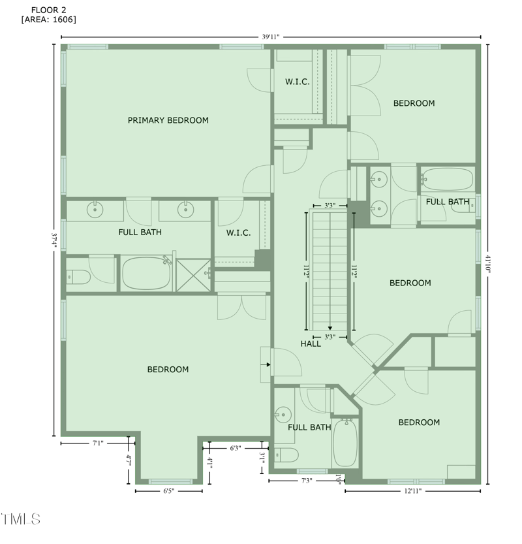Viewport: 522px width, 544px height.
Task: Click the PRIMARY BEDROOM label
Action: [x=168, y=120]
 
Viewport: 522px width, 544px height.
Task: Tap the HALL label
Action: [x=311, y=344]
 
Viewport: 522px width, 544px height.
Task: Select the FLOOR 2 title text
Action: [x=48, y=9]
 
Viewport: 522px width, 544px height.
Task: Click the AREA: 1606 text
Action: [x=49, y=20]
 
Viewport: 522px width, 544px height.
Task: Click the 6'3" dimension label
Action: [x=236, y=448]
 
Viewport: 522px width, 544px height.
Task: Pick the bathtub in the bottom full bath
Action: [x=345, y=443]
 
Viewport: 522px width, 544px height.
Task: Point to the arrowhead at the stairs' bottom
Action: [x=330, y=328]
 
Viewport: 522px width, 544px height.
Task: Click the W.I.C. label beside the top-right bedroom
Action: [x=297, y=82]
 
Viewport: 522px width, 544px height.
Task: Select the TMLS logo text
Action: [x=21, y=520]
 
